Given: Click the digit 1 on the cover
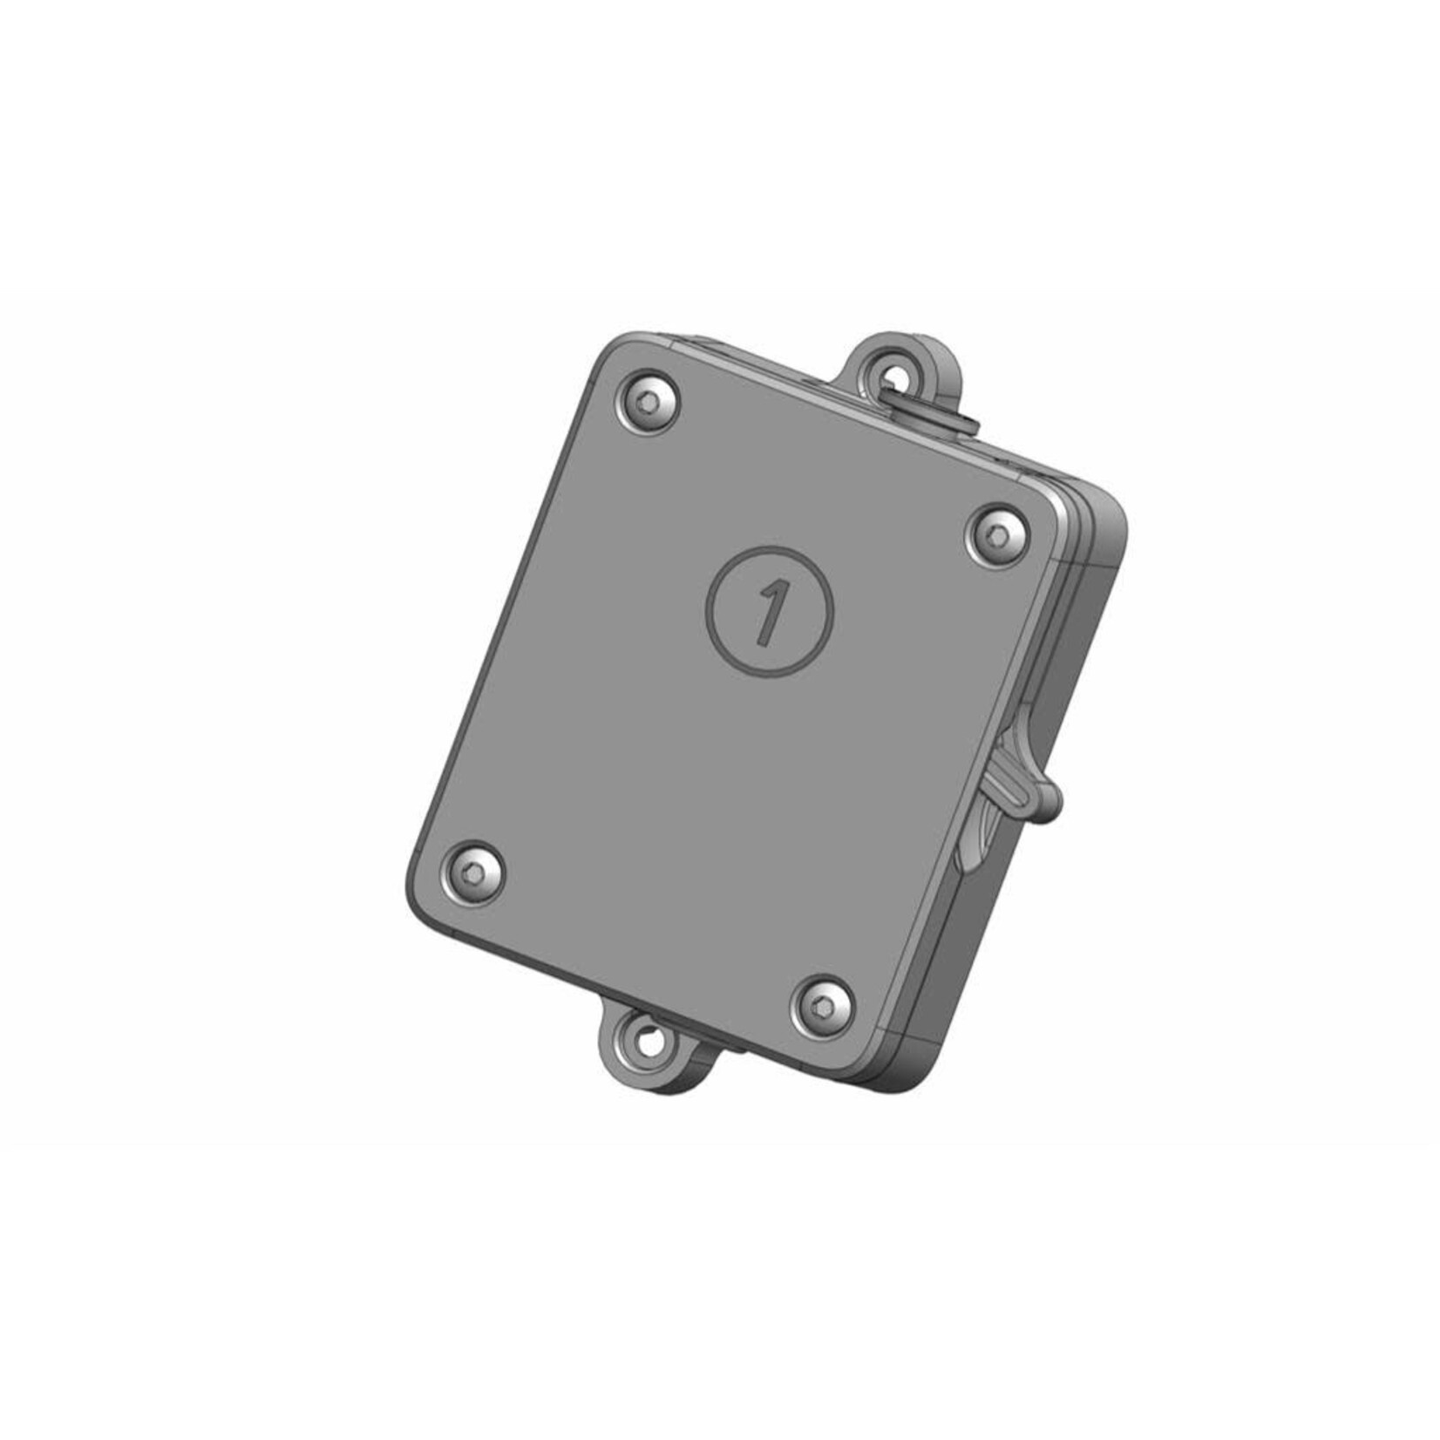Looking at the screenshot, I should coord(769,612).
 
